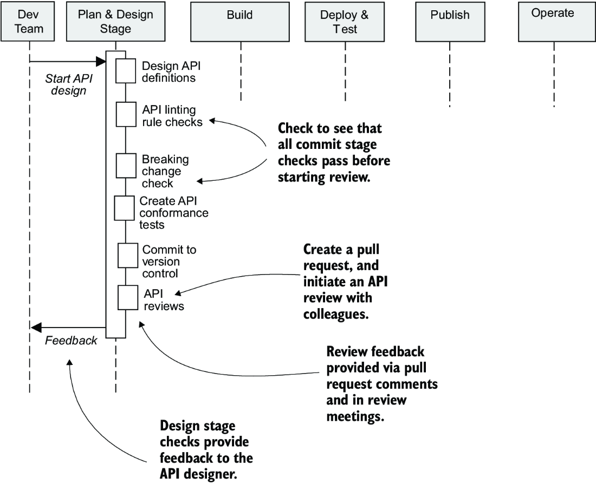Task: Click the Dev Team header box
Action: tap(28, 21)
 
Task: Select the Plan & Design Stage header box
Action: tap(115, 21)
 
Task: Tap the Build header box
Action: tap(240, 22)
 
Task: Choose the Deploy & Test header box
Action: tap(345, 22)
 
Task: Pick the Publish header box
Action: tap(450, 22)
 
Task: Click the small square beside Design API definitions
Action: tap(126, 71)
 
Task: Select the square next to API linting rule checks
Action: tap(126, 114)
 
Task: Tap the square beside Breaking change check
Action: tap(126, 166)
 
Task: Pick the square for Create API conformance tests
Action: tap(124, 208)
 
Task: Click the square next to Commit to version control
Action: tap(128, 256)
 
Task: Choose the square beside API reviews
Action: tap(128, 297)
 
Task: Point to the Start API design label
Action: tap(69, 84)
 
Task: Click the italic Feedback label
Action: tap(71, 341)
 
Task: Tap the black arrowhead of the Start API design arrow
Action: tap(101, 61)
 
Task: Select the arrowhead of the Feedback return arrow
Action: tap(36, 327)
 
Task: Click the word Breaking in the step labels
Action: tap(165, 160)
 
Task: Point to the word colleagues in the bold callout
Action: tap(336, 315)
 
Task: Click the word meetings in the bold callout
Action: tap(355, 417)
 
